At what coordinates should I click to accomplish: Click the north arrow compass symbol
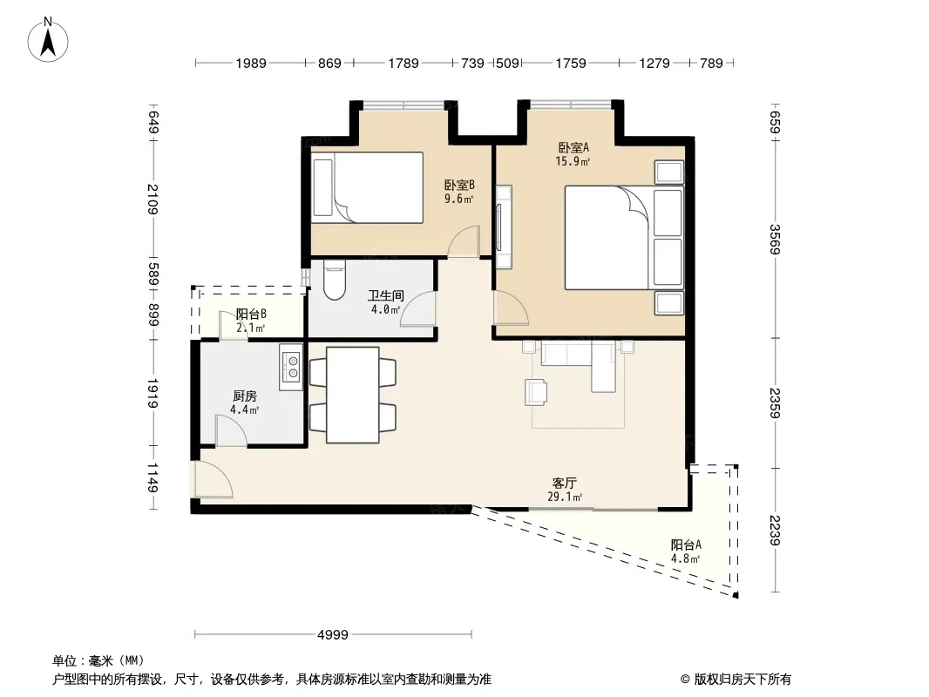[48, 40]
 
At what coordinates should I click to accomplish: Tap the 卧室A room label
[573, 147]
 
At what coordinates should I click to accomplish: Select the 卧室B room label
[460, 186]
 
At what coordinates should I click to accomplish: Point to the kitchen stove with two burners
[291, 367]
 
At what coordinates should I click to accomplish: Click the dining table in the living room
[353, 395]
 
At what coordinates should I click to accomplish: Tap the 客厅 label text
[565, 484]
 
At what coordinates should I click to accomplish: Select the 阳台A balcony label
[686, 545]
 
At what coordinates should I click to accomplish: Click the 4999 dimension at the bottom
[333, 635]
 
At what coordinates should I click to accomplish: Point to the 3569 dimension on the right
[775, 239]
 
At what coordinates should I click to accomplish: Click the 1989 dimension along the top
[251, 63]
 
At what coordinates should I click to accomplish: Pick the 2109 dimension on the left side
[153, 200]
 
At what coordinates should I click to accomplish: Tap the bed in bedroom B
[368, 187]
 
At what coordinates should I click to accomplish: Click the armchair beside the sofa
[536, 392]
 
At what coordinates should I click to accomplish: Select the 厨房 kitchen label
[245, 396]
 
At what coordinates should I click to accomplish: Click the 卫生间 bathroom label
[386, 294]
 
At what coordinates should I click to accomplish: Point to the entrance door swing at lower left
[214, 479]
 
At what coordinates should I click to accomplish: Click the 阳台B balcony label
[251, 314]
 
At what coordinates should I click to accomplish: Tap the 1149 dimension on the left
[153, 477]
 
